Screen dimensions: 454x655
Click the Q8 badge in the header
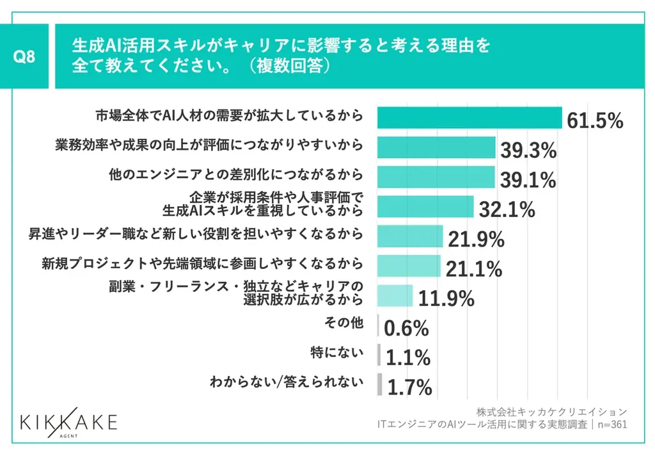tap(24, 56)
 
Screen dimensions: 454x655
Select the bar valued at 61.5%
tap(469, 118)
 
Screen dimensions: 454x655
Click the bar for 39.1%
tap(436, 177)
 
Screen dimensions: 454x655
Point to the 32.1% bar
tap(425, 207)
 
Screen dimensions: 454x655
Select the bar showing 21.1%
tap(409, 266)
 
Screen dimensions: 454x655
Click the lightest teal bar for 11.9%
tap(395, 295)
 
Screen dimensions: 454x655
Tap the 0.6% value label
tap(406, 328)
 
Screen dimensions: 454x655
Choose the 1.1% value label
tap(408, 358)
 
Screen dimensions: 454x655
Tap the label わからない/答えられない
tap(286, 383)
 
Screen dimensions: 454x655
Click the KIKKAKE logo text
tap(68, 422)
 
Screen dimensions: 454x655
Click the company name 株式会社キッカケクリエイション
tap(551, 411)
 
